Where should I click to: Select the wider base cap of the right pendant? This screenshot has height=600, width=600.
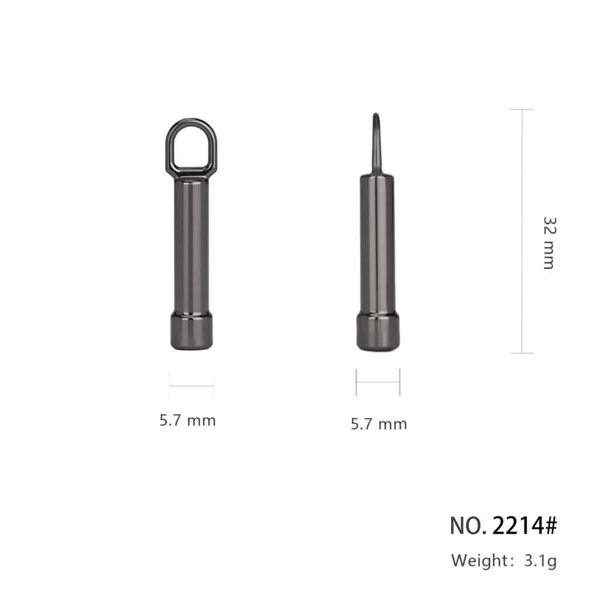click(x=378, y=332)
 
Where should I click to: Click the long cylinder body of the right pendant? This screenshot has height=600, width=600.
click(x=377, y=245)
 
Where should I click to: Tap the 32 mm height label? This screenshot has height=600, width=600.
click(x=549, y=243)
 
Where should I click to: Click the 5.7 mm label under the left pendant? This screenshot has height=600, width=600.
click(x=187, y=421)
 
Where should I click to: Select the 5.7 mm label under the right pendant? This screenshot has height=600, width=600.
click(x=379, y=424)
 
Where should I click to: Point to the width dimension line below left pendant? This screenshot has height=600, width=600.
click(x=192, y=386)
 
